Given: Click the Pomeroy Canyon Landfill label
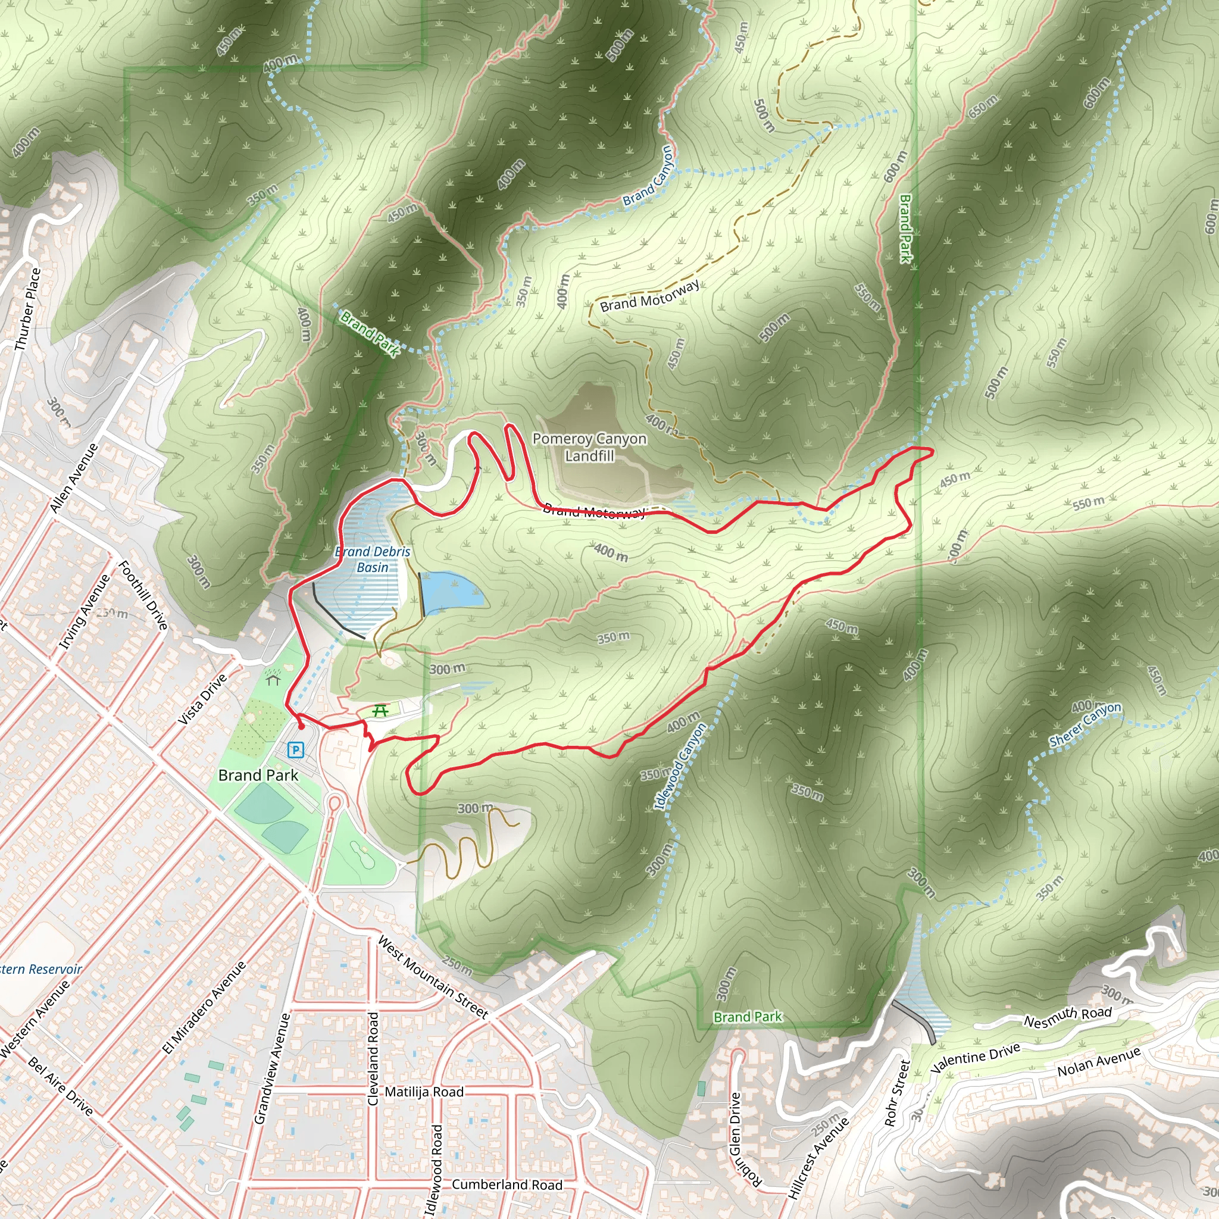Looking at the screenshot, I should [x=589, y=447].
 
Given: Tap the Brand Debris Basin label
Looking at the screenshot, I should [x=373, y=559].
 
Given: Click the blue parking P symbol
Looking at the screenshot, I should [x=295, y=750].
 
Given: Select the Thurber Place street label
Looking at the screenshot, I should [x=28, y=310].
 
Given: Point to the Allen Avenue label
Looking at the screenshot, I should [x=74, y=477].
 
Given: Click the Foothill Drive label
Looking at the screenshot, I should [x=144, y=595].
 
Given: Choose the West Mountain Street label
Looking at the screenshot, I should [x=433, y=977].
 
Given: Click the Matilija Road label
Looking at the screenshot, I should [x=424, y=1092].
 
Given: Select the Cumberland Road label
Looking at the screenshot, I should [x=507, y=1185].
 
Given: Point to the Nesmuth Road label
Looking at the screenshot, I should [x=1068, y=1017].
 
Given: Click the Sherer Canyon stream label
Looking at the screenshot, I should [x=1085, y=724].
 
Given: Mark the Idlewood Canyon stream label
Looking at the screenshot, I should [x=680, y=766].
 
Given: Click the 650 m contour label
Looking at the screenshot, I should [x=983, y=107].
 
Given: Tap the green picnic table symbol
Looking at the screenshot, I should [x=380, y=711].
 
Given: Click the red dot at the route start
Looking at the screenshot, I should [x=301, y=727].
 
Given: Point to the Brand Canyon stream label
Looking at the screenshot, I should [x=649, y=177].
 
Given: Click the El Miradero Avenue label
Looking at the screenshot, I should [x=204, y=1008].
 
